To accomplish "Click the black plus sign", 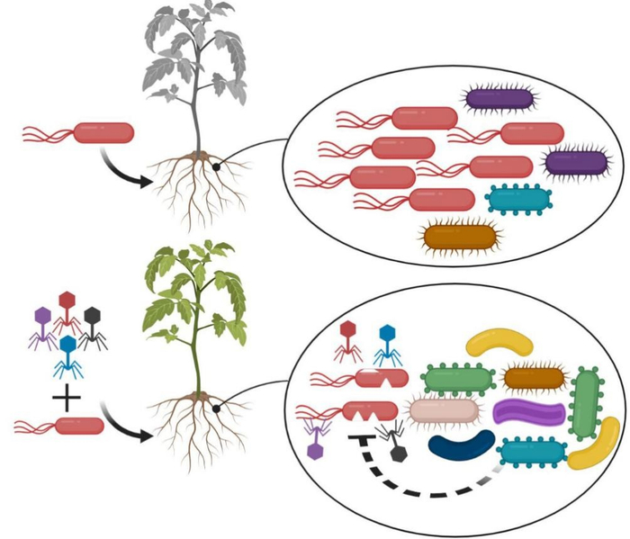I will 67,395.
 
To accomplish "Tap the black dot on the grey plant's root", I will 216,166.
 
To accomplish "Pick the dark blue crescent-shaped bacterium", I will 461,445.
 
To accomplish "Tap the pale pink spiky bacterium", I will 443,411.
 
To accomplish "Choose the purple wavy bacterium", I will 529,413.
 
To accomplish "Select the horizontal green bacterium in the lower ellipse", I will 457,379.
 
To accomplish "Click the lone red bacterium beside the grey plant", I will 103,133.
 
